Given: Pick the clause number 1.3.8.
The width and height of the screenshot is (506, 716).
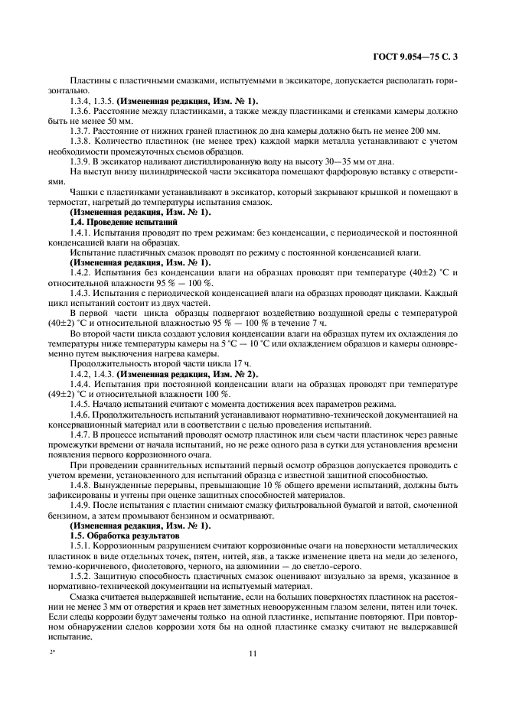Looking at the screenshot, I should click(x=83, y=141).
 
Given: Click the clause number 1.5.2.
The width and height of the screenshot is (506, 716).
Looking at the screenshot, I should click(x=83, y=576).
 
